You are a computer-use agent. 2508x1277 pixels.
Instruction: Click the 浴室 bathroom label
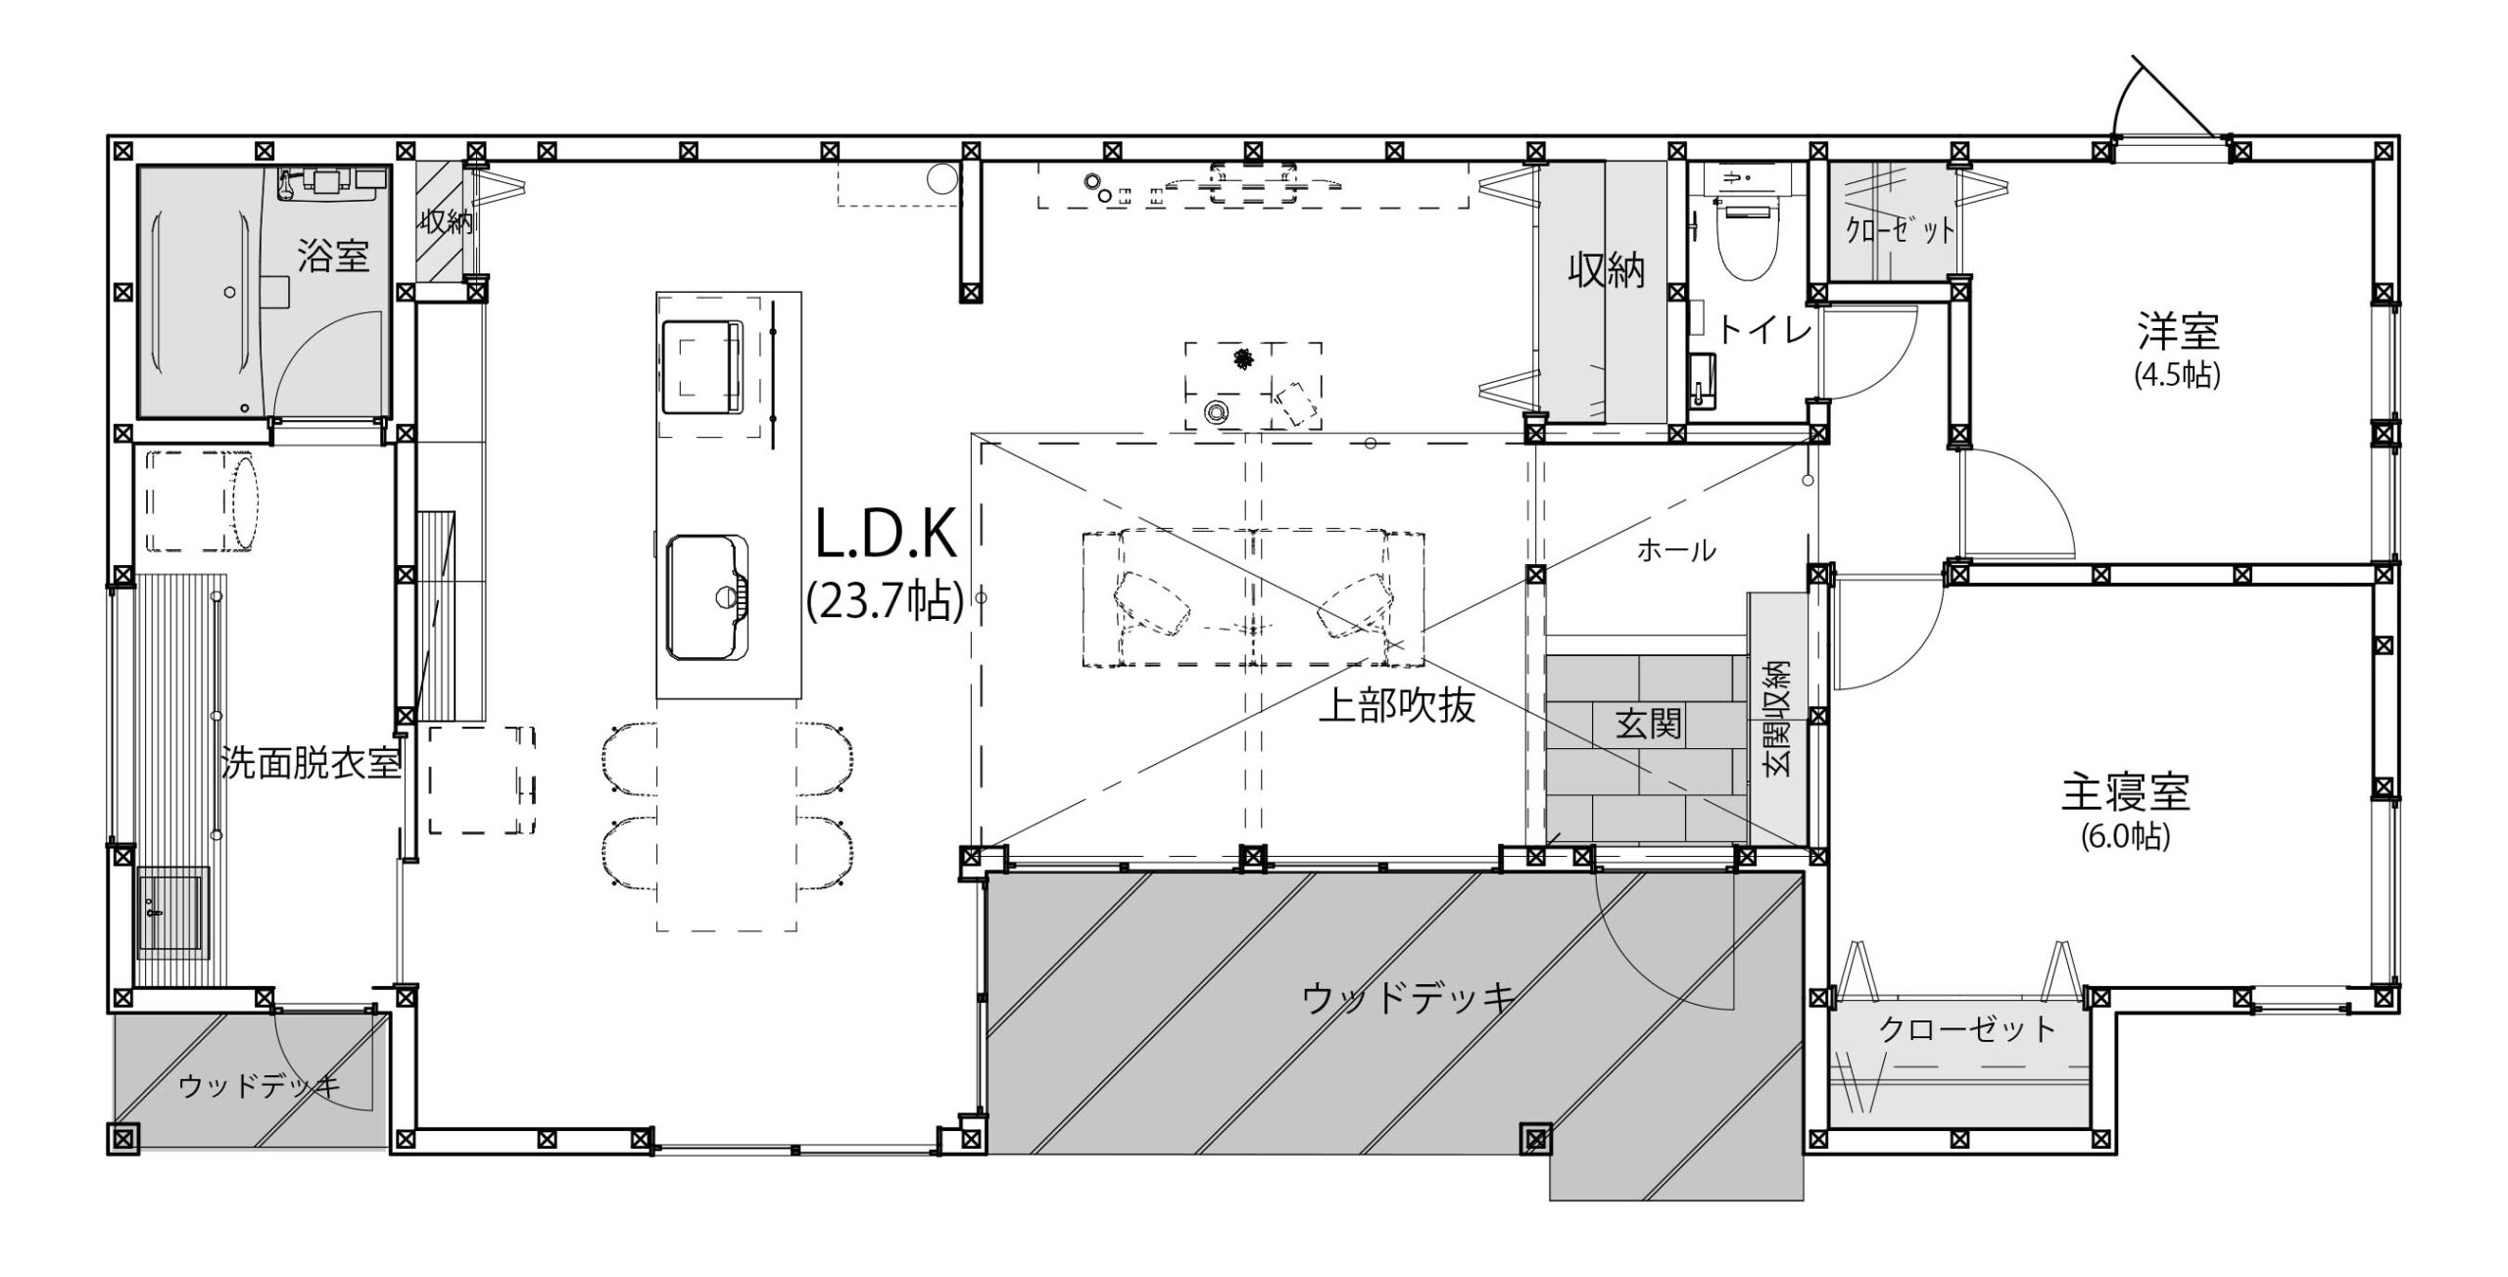(333, 257)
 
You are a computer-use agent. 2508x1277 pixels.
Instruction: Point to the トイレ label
(1764, 332)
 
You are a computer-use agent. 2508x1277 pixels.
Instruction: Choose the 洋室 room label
(2177, 333)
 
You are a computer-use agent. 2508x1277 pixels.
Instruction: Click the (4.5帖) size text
(2177, 376)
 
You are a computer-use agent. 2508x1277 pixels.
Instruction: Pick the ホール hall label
(1676, 551)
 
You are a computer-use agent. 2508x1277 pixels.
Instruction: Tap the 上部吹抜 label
(1397, 705)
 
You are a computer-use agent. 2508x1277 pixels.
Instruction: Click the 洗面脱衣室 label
(312, 764)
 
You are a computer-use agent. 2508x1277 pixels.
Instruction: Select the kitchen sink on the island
(707, 597)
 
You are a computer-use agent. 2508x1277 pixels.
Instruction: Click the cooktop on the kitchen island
(703, 368)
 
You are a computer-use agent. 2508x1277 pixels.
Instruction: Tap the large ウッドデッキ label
(1409, 998)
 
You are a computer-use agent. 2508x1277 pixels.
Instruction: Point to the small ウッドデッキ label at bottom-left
(260, 1086)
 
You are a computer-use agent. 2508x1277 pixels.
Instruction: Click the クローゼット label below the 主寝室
(1967, 1028)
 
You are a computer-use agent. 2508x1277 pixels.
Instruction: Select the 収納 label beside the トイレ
(1607, 270)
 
